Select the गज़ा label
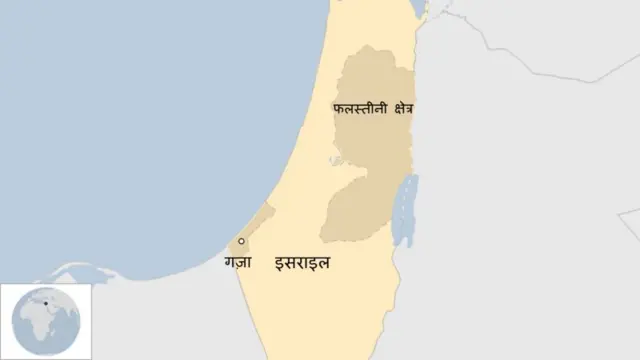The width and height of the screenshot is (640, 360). click(238, 264)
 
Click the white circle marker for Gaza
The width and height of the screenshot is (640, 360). click(241, 241)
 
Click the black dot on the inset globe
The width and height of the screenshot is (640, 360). click(46, 303)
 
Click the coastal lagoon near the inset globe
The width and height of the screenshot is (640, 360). click(75, 273)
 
